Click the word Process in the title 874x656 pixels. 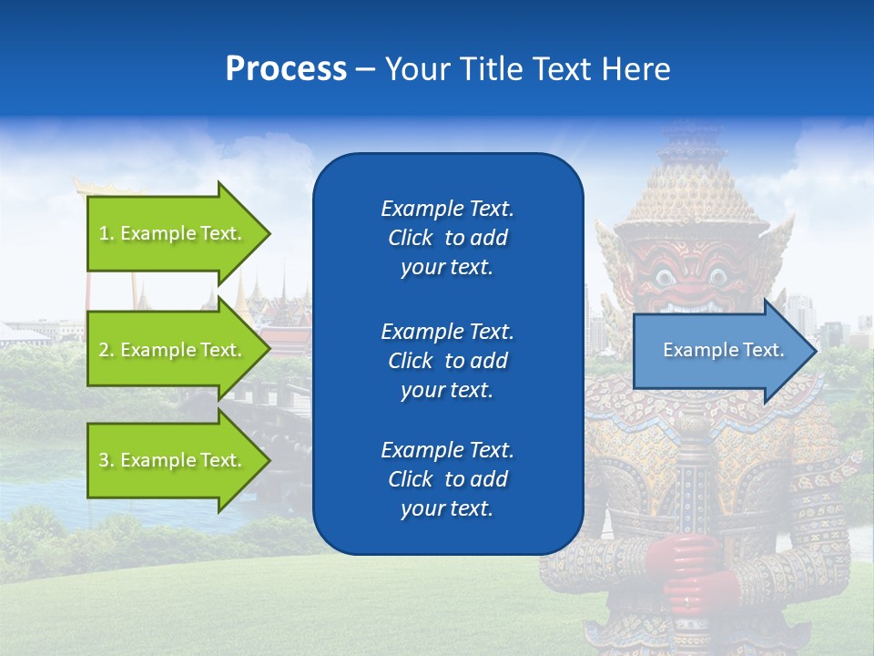click(286, 69)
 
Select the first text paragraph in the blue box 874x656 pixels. click(447, 238)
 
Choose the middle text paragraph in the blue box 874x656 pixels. click(447, 360)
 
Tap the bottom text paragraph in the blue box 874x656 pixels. click(447, 479)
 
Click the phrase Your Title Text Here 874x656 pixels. click(527, 69)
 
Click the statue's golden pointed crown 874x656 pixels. click(694, 182)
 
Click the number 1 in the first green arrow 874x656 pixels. click(103, 234)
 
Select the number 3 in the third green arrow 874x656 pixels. click(104, 461)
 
